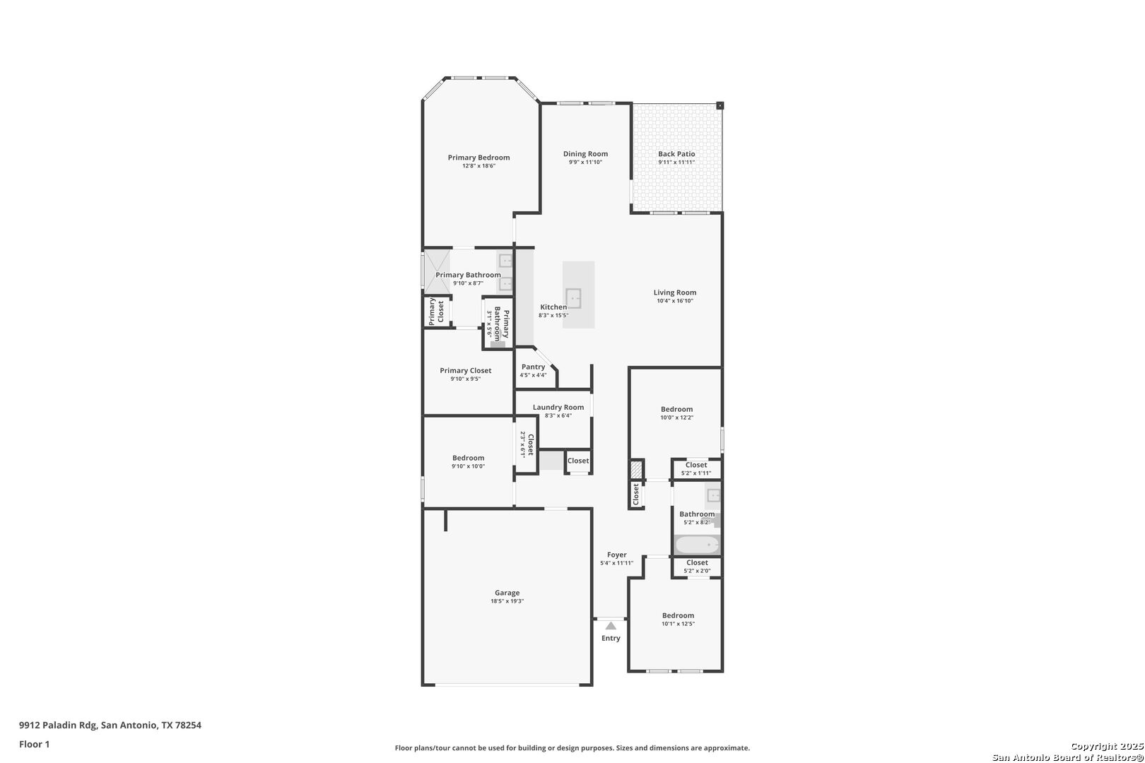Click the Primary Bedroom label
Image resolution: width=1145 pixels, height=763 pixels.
pyautogui.click(x=478, y=158)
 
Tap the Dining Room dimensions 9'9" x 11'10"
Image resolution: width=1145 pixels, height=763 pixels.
pyautogui.click(x=585, y=162)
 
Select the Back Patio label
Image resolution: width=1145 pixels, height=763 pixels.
pyautogui.click(x=676, y=154)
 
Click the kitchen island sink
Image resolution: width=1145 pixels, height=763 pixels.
pyautogui.click(x=573, y=298)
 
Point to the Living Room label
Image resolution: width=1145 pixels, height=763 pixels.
pyautogui.click(x=675, y=292)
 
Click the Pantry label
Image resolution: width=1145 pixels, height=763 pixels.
pyautogui.click(x=533, y=367)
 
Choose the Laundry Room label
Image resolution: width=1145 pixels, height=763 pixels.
pyautogui.click(x=558, y=408)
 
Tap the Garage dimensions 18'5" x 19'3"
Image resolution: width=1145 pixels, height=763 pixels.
pyautogui.click(x=507, y=601)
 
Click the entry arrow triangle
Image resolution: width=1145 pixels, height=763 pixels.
pyautogui.click(x=611, y=625)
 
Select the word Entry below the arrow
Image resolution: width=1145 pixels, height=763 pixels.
pyautogui.click(x=611, y=638)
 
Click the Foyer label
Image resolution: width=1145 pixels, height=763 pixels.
pyautogui.click(x=617, y=555)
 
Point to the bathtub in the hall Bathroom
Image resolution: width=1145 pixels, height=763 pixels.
pyautogui.click(x=697, y=545)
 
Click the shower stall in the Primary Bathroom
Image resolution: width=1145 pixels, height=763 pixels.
pyautogui.click(x=437, y=271)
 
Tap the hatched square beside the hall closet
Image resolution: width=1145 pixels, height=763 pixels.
pyautogui.click(x=636, y=470)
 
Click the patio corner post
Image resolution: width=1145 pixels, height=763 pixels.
pyautogui.click(x=720, y=106)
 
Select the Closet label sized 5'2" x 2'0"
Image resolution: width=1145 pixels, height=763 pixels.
pyautogui.click(x=697, y=562)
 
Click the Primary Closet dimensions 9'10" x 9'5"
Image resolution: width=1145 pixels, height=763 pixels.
pyautogui.click(x=466, y=379)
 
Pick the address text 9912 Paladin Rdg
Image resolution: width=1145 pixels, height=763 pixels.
pyautogui.click(x=58, y=725)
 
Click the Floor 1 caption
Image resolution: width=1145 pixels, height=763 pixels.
pyautogui.click(x=34, y=744)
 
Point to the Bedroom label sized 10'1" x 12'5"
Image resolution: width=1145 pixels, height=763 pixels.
pyautogui.click(x=679, y=616)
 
